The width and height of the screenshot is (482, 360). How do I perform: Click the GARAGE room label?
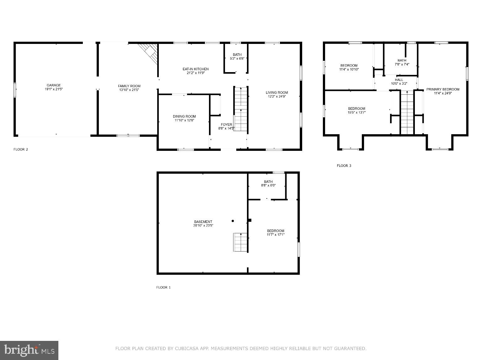pyautogui.click(x=54, y=85)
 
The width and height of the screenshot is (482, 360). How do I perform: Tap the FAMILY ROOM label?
pyautogui.click(x=129, y=86)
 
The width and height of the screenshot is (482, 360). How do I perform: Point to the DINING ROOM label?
pyautogui.click(x=184, y=116)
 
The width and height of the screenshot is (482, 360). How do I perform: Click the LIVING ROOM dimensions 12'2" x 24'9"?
pyautogui.click(x=277, y=97)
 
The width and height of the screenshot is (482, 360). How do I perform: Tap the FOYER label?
pyautogui.click(x=226, y=124)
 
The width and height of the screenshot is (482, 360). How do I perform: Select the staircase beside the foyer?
pyautogui.click(x=241, y=109)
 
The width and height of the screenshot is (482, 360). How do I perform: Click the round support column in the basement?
pyautogui.click(x=233, y=221)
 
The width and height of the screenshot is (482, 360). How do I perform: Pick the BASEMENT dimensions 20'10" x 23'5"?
pyautogui.click(x=203, y=225)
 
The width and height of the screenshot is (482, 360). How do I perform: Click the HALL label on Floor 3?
pyautogui.click(x=399, y=80)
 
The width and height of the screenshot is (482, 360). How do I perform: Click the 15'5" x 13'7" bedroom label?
pyautogui.click(x=356, y=112)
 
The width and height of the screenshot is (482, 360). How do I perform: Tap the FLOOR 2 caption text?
pyautogui.click(x=21, y=149)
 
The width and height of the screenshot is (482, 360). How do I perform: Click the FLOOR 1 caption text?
pyautogui.click(x=163, y=287)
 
